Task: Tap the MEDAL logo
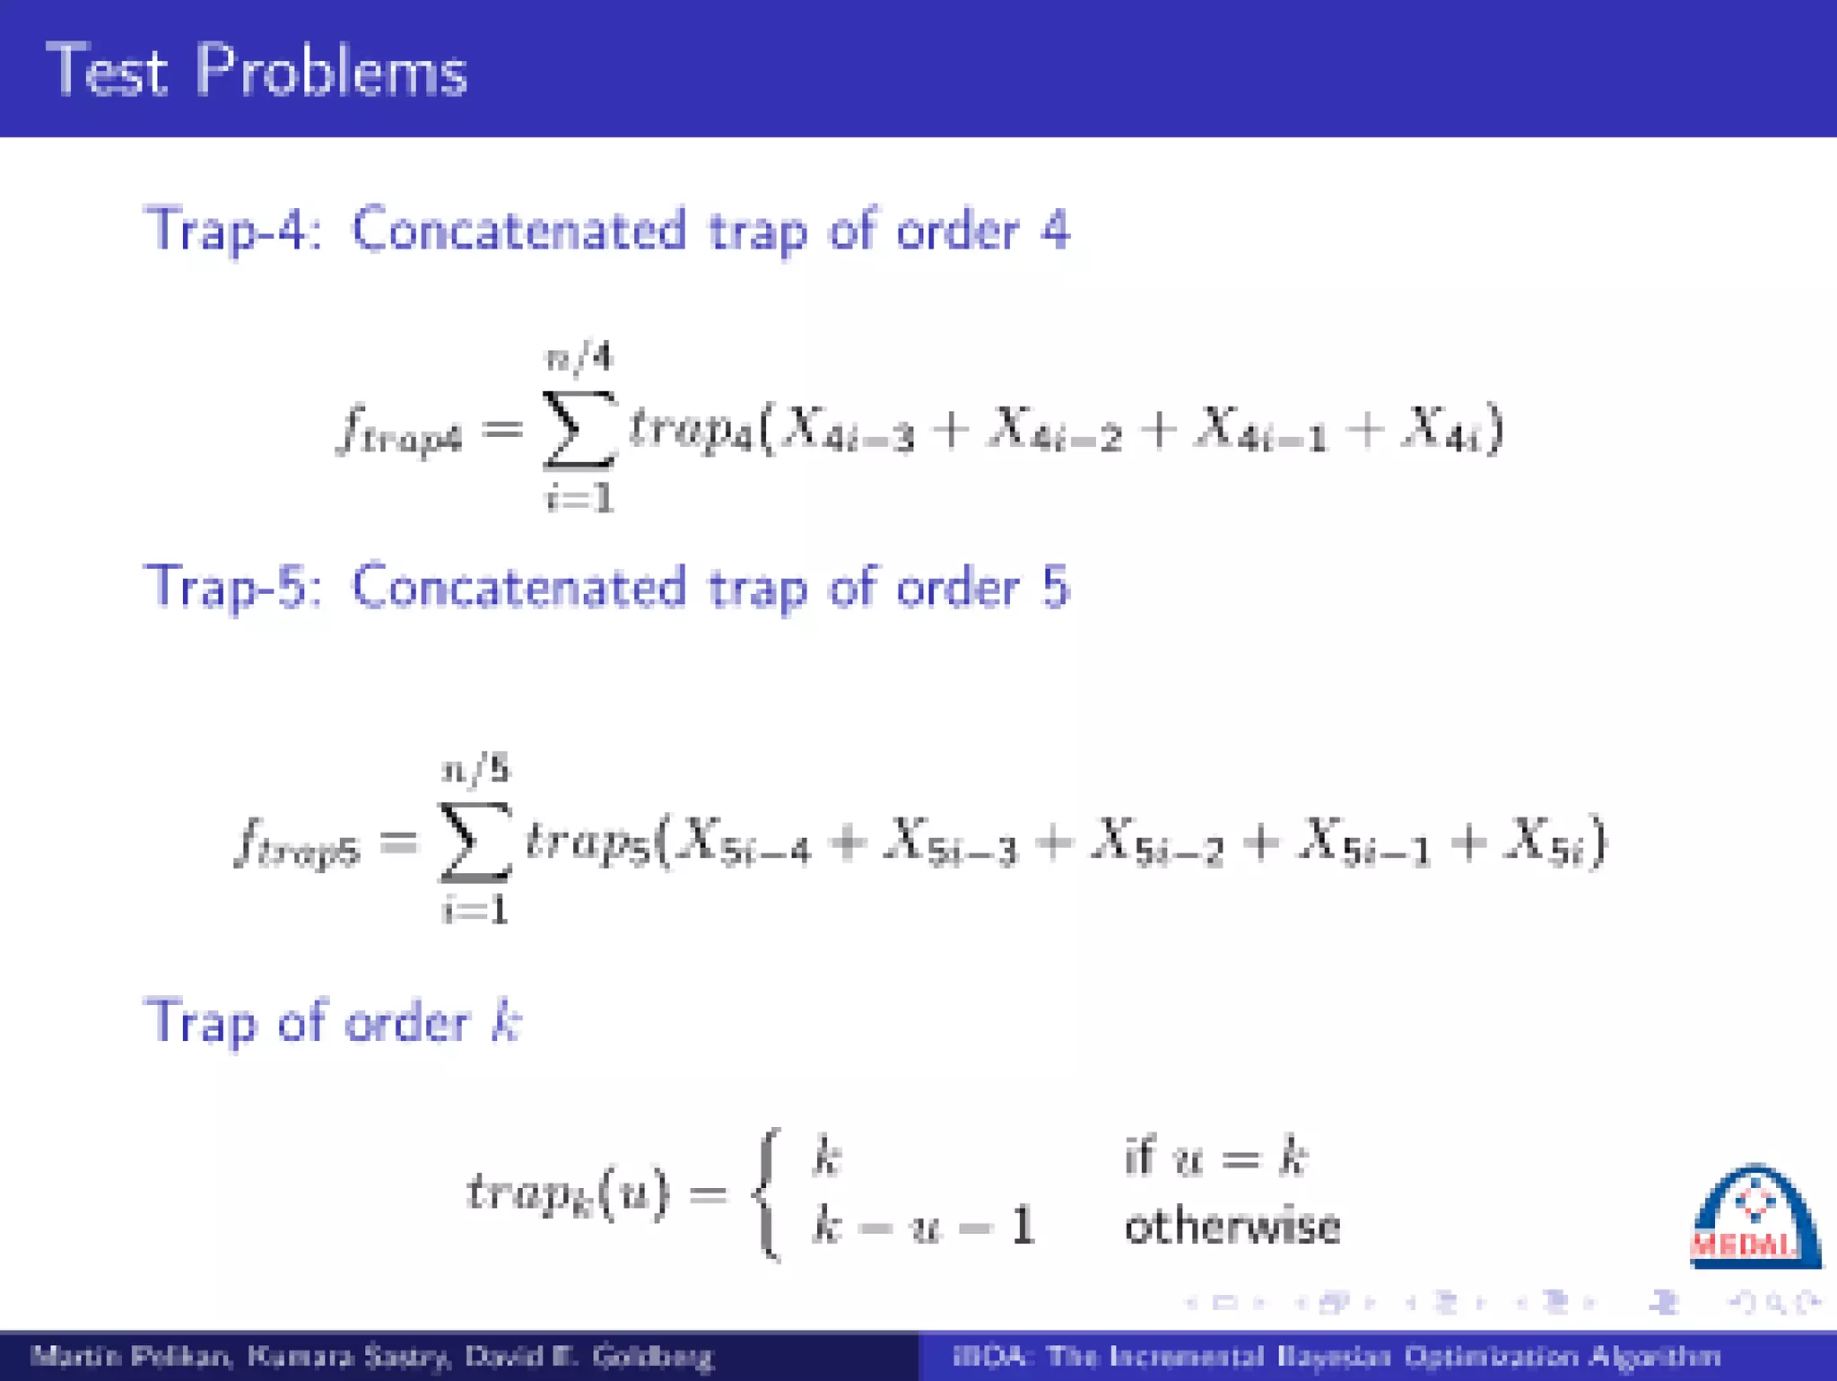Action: (1754, 1217)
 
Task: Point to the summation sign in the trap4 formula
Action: (579, 429)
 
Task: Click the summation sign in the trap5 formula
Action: (474, 842)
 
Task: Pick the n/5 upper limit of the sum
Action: (475, 770)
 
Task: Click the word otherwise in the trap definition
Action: (1232, 1227)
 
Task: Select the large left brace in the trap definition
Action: (768, 1194)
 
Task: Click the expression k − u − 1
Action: (923, 1227)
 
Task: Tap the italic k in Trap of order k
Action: (506, 1022)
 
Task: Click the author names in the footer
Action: (371, 1356)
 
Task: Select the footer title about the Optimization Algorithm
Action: (1336, 1356)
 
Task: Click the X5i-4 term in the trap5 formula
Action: (744, 843)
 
